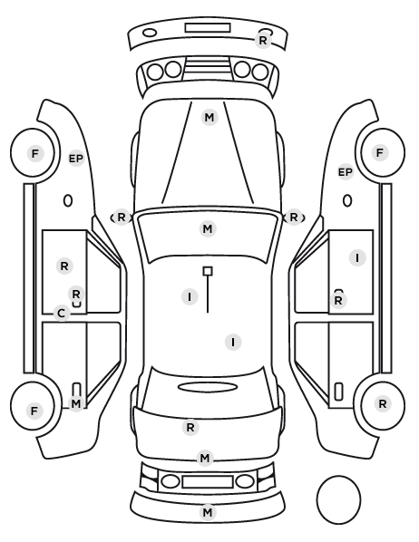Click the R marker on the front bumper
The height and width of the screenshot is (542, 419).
(263, 41)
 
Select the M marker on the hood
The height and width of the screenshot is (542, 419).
(209, 118)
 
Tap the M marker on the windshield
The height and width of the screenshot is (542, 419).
(208, 228)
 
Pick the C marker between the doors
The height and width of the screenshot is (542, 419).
(62, 314)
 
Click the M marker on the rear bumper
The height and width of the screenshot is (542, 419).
(208, 512)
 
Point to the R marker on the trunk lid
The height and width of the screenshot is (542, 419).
(190, 428)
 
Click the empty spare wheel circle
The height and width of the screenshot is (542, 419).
(338, 499)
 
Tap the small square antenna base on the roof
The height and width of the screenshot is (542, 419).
(208, 271)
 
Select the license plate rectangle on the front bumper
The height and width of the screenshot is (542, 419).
(208, 28)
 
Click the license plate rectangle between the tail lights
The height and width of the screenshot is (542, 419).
(208, 481)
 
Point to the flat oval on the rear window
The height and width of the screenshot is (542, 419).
(208, 387)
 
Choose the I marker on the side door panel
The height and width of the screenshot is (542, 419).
(357, 258)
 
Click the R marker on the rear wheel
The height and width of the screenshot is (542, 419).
(383, 403)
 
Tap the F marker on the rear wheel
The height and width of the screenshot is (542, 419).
(34, 411)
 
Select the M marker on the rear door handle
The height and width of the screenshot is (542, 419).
(76, 403)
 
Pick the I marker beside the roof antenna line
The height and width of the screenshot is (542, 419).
(190, 297)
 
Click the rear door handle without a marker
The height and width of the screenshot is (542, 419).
(338, 392)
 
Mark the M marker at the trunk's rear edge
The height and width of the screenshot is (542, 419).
(205, 459)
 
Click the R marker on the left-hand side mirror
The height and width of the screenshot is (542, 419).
(122, 218)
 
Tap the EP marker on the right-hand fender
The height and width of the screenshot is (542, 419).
(346, 172)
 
